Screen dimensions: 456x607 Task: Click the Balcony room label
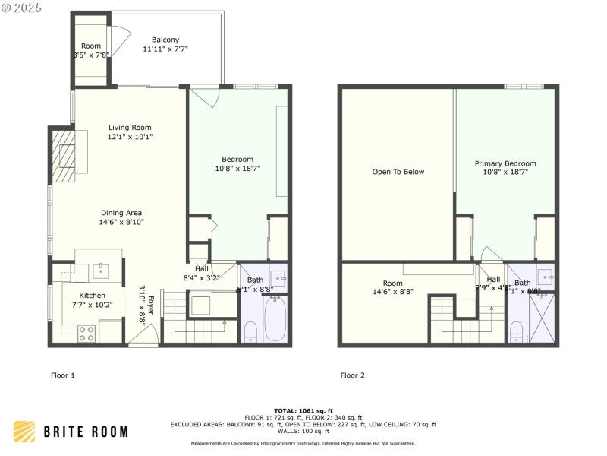pyautogui.click(x=165, y=40)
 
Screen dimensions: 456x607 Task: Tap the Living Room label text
pyautogui.click(x=130, y=128)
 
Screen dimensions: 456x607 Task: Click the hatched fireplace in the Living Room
pyautogui.click(x=64, y=155)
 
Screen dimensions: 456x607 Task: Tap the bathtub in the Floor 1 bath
pyautogui.click(x=275, y=318)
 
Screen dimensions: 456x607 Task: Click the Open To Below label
pyautogui.click(x=398, y=172)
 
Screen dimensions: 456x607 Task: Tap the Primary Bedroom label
pyautogui.click(x=505, y=163)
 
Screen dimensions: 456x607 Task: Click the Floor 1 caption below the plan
pyautogui.click(x=63, y=375)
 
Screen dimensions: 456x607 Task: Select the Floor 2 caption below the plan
pyautogui.click(x=353, y=375)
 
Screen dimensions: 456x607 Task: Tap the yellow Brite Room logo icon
pyautogui.click(x=24, y=432)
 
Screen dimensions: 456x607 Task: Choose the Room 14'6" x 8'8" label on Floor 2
pyautogui.click(x=392, y=287)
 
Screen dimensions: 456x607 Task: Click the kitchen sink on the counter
pyautogui.click(x=101, y=269)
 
